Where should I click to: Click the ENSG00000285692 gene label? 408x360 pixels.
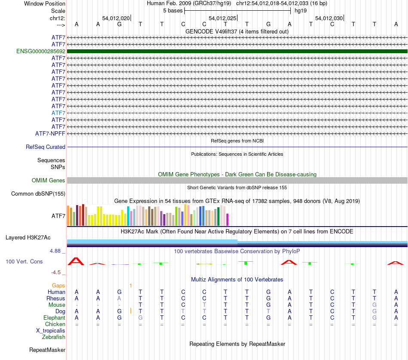click(x=41, y=51)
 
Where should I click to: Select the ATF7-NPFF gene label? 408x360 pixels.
click(x=50, y=134)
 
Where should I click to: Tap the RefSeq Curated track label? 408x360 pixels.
click(x=46, y=147)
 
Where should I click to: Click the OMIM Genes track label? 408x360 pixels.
click(x=49, y=181)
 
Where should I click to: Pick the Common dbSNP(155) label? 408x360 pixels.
click(x=38, y=194)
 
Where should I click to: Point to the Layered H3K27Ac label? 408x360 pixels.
click(x=28, y=237)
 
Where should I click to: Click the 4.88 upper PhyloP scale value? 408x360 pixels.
click(x=56, y=251)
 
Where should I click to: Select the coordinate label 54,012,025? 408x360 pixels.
click(x=222, y=18)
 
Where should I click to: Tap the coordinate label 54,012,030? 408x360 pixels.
click(x=329, y=18)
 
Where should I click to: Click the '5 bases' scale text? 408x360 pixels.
click(x=173, y=10)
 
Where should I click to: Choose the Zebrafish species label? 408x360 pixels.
click(x=54, y=337)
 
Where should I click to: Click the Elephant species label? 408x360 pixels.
click(x=54, y=318)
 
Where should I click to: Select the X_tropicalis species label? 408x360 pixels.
click(x=51, y=331)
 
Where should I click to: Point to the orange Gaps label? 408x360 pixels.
click(x=58, y=285)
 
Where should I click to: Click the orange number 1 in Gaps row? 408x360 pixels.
click(x=131, y=285)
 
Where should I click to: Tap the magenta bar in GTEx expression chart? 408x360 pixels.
click(x=227, y=219)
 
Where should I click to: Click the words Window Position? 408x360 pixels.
click(x=45, y=3)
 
